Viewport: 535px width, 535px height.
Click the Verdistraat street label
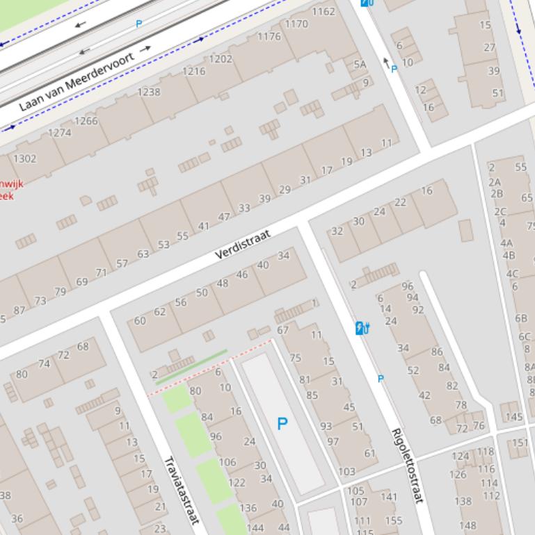(x=242, y=244)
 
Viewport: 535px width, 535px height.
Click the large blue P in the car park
(x=282, y=423)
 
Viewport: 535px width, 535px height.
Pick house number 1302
(x=24, y=158)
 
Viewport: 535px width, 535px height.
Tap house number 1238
(x=149, y=92)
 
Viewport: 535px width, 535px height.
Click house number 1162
(x=323, y=11)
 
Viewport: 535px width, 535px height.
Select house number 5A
(x=359, y=64)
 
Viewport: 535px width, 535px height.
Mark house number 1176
(x=269, y=37)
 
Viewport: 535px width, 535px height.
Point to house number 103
(x=346, y=472)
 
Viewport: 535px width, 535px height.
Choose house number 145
(x=513, y=417)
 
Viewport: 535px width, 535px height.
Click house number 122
(x=237, y=482)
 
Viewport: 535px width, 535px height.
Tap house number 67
(x=282, y=330)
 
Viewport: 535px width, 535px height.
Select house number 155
(x=393, y=520)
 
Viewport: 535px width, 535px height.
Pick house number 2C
(x=500, y=211)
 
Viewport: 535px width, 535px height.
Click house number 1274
(x=60, y=132)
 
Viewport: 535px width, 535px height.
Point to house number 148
(x=468, y=525)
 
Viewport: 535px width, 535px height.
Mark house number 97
(x=333, y=442)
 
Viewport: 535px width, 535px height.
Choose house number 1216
(x=194, y=71)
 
